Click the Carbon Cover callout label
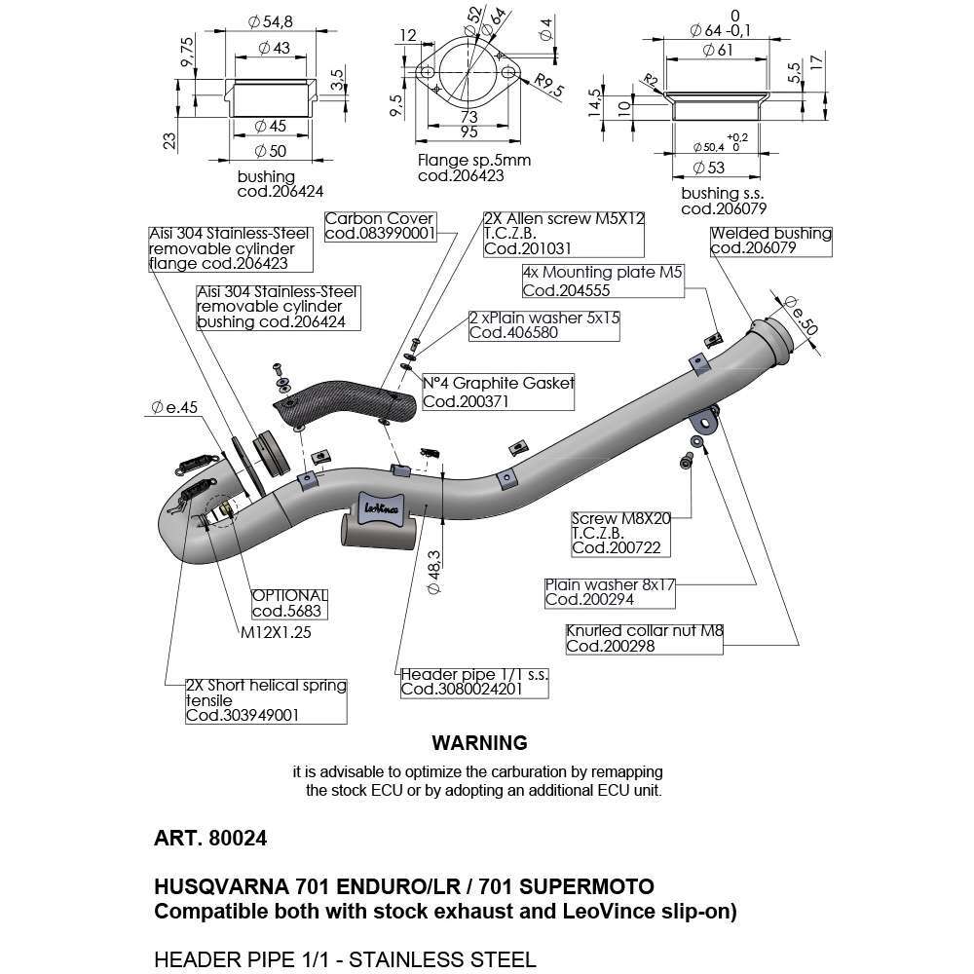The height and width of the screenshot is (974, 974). click(x=379, y=226)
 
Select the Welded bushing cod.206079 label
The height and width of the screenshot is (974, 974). click(x=770, y=241)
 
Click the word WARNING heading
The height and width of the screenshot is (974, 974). click(x=479, y=743)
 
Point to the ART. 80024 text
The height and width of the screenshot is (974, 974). click(x=209, y=838)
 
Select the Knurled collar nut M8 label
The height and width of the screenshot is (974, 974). click(x=644, y=638)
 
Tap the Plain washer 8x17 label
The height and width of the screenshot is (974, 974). click(x=610, y=592)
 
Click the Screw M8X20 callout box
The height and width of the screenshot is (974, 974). click(x=621, y=534)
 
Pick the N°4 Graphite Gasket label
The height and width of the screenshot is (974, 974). click(x=498, y=392)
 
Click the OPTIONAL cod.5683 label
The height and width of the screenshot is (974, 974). click(x=287, y=604)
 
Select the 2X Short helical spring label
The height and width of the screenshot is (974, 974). click(x=266, y=700)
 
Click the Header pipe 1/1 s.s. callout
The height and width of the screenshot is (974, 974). click(x=472, y=681)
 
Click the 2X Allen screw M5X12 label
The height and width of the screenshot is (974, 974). click(x=564, y=234)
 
